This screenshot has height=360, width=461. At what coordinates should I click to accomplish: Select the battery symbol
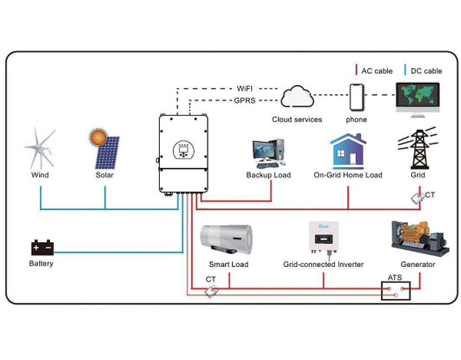(x=42, y=248)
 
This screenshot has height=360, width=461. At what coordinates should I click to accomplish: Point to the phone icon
(x=357, y=97)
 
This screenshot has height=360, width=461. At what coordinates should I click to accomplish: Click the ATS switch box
(x=396, y=291)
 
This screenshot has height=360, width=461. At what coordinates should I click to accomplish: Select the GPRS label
(x=244, y=100)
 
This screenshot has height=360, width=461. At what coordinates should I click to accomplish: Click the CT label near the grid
(x=430, y=195)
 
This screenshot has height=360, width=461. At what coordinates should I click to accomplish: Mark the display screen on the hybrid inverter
(x=184, y=148)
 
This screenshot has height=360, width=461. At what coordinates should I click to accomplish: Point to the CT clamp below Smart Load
(x=211, y=291)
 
